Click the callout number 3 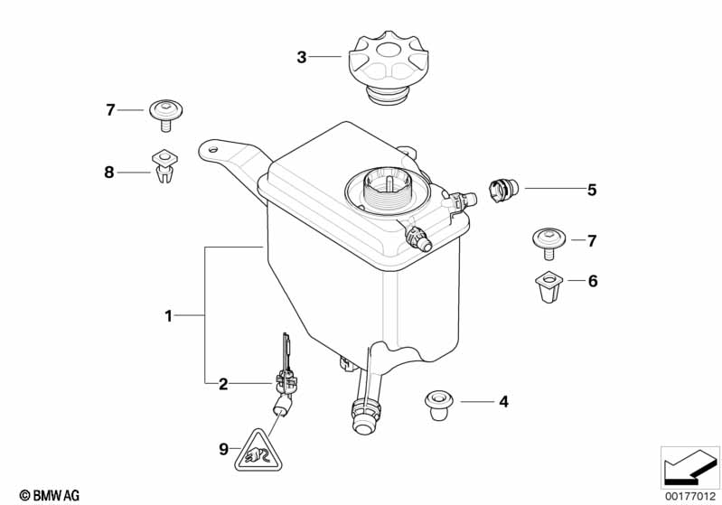[x=302, y=58]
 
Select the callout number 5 [x=592, y=190]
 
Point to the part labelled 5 [x=502, y=190]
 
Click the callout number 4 [x=503, y=400]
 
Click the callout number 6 [x=593, y=282]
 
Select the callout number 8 [x=109, y=172]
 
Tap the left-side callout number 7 [x=110, y=110]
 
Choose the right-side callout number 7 [x=593, y=241]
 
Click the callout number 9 [x=222, y=447]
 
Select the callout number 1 [x=168, y=315]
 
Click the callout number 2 [x=223, y=384]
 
